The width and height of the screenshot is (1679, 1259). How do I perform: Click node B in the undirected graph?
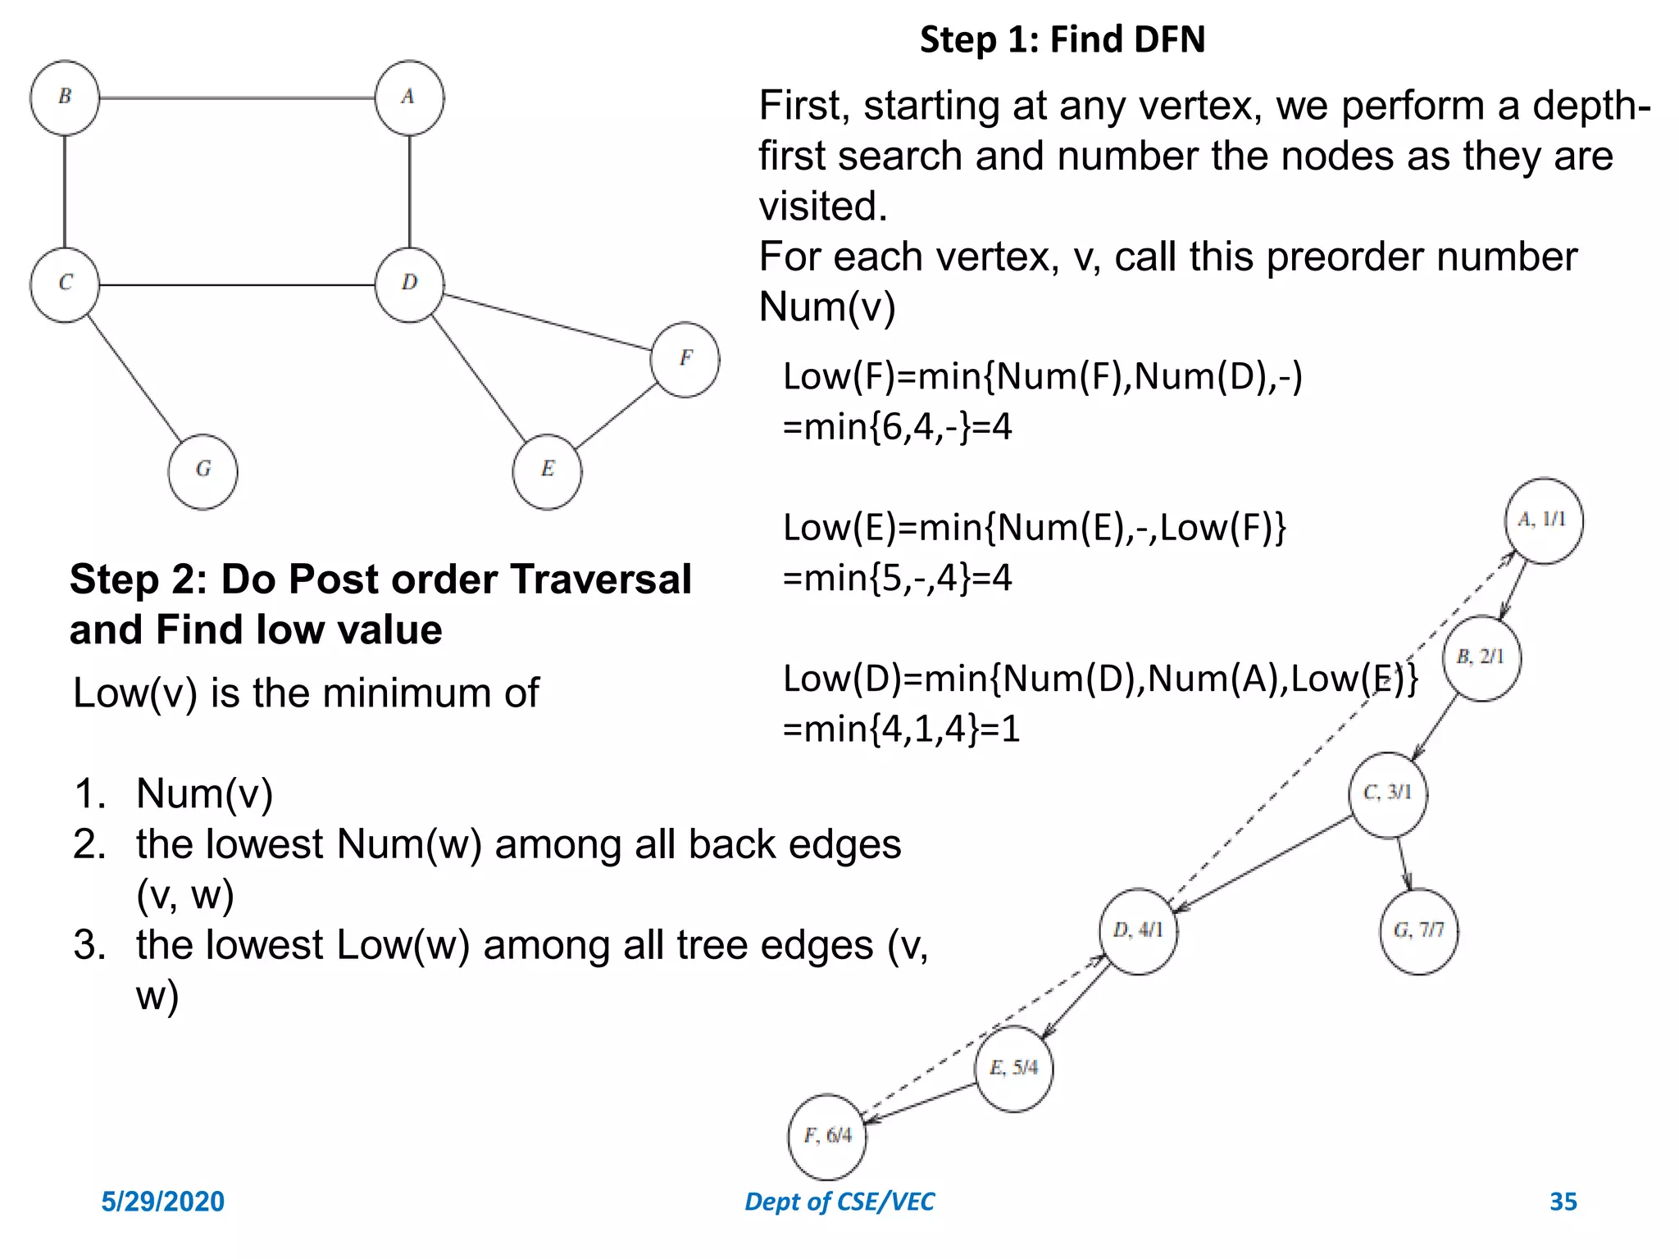point(65,98)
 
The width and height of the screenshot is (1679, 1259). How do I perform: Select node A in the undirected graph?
point(409,98)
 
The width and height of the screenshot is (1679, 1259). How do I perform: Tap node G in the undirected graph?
point(202,471)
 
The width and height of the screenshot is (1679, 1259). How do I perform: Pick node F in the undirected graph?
point(685,359)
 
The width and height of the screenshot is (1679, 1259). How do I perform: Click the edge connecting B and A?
point(238,98)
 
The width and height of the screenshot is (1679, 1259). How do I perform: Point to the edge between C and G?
point(134,376)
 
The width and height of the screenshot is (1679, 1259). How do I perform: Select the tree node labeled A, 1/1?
point(1543,520)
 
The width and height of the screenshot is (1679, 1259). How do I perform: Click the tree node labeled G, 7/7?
point(1418,930)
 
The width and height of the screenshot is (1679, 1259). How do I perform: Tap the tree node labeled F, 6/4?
point(826,1136)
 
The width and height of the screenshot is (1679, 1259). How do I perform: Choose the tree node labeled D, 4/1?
point(1138,930)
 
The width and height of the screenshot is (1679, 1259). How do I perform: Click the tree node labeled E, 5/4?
point(1014,1068)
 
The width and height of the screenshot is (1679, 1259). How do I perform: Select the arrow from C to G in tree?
point(1404,863)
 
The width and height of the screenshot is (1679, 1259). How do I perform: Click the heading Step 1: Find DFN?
point(1062,39)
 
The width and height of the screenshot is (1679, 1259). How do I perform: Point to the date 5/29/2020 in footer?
point(162,1201)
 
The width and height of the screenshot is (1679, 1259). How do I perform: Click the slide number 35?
point(1563,1201)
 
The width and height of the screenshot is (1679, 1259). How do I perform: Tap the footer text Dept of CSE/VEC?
point(839,1201)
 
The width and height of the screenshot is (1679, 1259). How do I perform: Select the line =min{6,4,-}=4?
point(897,427)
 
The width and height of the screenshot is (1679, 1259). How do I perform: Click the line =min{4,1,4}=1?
point(901,729)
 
